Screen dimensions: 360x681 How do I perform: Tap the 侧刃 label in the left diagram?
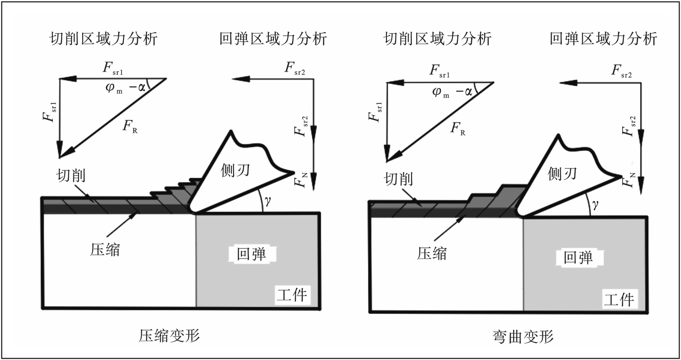point(234,170)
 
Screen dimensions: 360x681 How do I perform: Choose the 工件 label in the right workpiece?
point(619,299)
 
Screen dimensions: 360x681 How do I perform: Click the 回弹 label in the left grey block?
point(251,254)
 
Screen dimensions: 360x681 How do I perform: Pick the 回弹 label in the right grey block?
point(578,258)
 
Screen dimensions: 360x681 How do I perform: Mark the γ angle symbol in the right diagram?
point(595,203)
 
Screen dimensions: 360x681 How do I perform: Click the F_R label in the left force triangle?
point(130,127)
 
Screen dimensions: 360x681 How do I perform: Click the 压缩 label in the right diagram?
point(431,253)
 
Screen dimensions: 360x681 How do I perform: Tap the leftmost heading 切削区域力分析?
point(103,39)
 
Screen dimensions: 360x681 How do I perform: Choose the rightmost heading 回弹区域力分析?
point(603,39)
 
